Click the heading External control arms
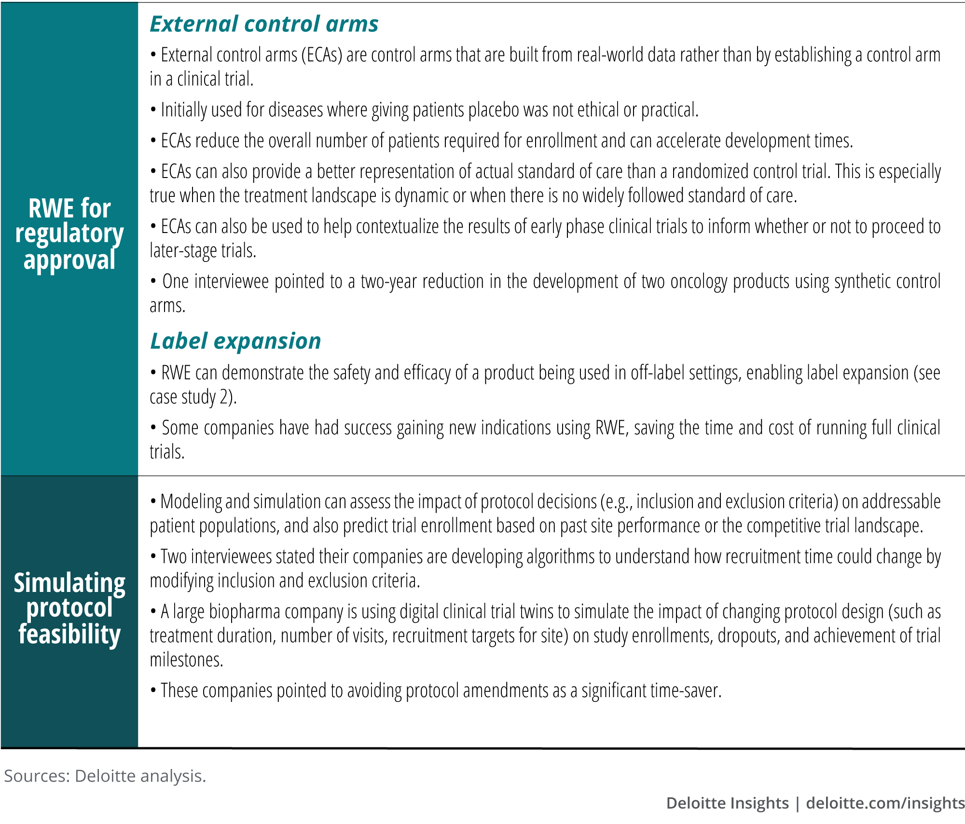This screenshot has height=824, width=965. (x=264, y=24)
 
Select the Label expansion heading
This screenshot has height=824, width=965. (x=235, y=341)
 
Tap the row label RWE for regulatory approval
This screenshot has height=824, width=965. (x=69, y=234)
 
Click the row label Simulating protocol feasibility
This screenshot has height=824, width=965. (x=69, y=608)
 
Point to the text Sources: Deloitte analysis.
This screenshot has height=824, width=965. (x=105, y=776)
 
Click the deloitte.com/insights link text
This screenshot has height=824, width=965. (x=885, y=803)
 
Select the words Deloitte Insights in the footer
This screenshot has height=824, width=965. (x=727, y=803)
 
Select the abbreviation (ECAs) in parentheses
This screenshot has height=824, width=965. (x=322, y=55)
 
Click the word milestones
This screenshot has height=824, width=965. (x=186, y=660)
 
